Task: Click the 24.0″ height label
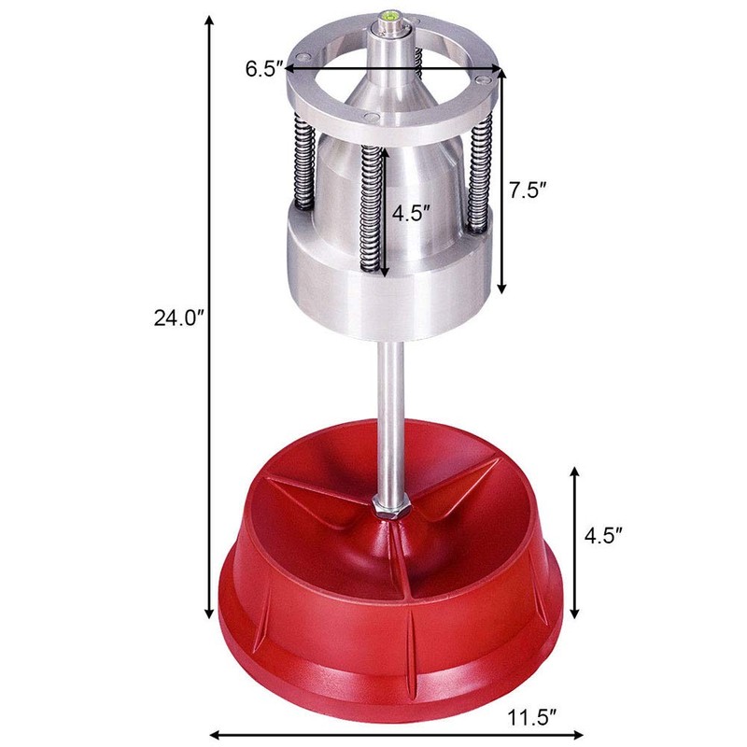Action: pyautogui.click(x=179, y=317)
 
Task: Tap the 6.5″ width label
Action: pyautogui.click(x=262, y=68)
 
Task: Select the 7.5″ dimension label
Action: pyautogui.click(x=528, y=190)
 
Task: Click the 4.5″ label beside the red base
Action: pyautogui.click(x=604, y=536)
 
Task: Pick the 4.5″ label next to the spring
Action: pyautogui.click(x=411, y=213)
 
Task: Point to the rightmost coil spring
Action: pyautogui.click(x=481, y=177)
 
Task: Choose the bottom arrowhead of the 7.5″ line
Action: pyautogui.click(x=501, y=285)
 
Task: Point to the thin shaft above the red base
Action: pyautogui.click(x=390, y=411)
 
